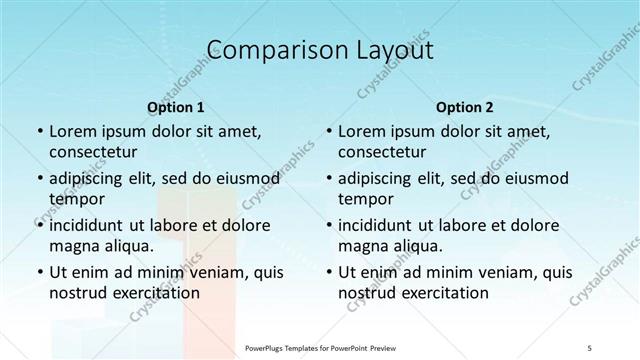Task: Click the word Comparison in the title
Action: [x=265, y=50]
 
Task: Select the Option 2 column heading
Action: [x=465, y=107]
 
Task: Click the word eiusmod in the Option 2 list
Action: [x=534, y=178]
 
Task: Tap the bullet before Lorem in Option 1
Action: [x=38, y=132]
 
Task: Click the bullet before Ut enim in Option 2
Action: [x=328, y=273]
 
